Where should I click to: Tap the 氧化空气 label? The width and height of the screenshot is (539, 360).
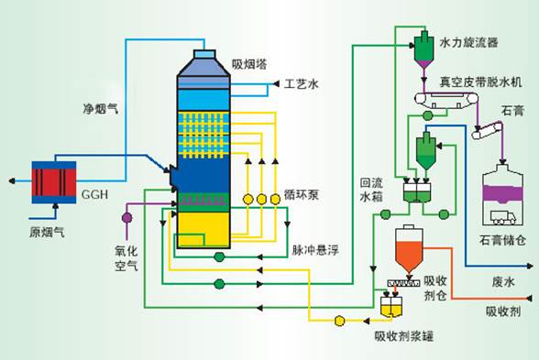pyautogui.click(x=125, y=256)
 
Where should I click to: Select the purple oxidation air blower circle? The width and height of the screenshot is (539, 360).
pyautogui.click(x=126, y=217)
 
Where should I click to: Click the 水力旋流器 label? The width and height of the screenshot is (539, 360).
pyautogui.click(x=468, y=42)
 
